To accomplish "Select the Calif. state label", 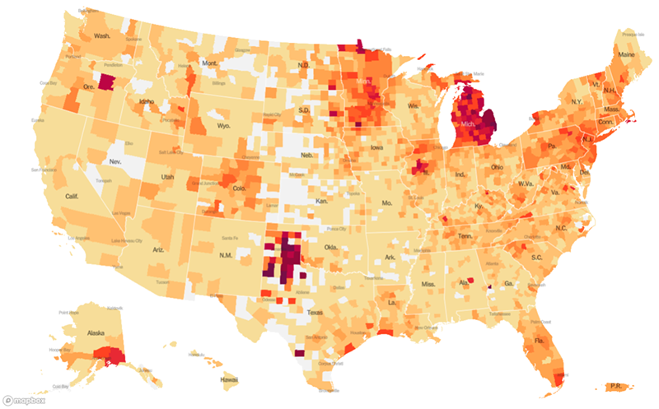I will point(72,197).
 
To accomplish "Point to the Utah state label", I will point(167,176).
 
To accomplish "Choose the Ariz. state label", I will point(159,249).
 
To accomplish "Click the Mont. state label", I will point(211,63).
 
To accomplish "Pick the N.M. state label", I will point(227,256).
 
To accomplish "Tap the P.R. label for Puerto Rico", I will point(615,385).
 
